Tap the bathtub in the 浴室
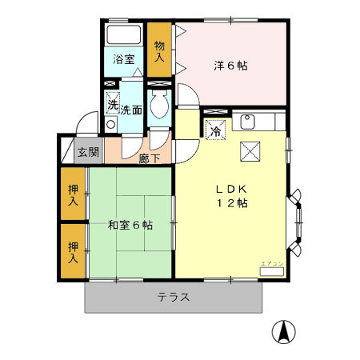coord(122,35)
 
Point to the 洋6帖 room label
coord(231,66)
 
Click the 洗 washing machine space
coord(113,104)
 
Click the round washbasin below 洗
coord(110,125)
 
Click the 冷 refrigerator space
coord(215,129)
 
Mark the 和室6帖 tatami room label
coord(130,225)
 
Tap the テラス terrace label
coord(173,297)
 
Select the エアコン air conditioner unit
coord(271,271)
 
